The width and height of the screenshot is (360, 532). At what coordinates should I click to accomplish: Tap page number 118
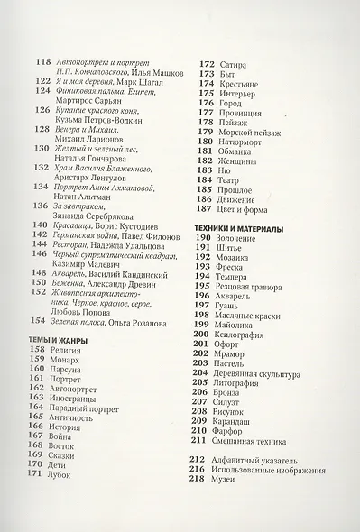[42, 61]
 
